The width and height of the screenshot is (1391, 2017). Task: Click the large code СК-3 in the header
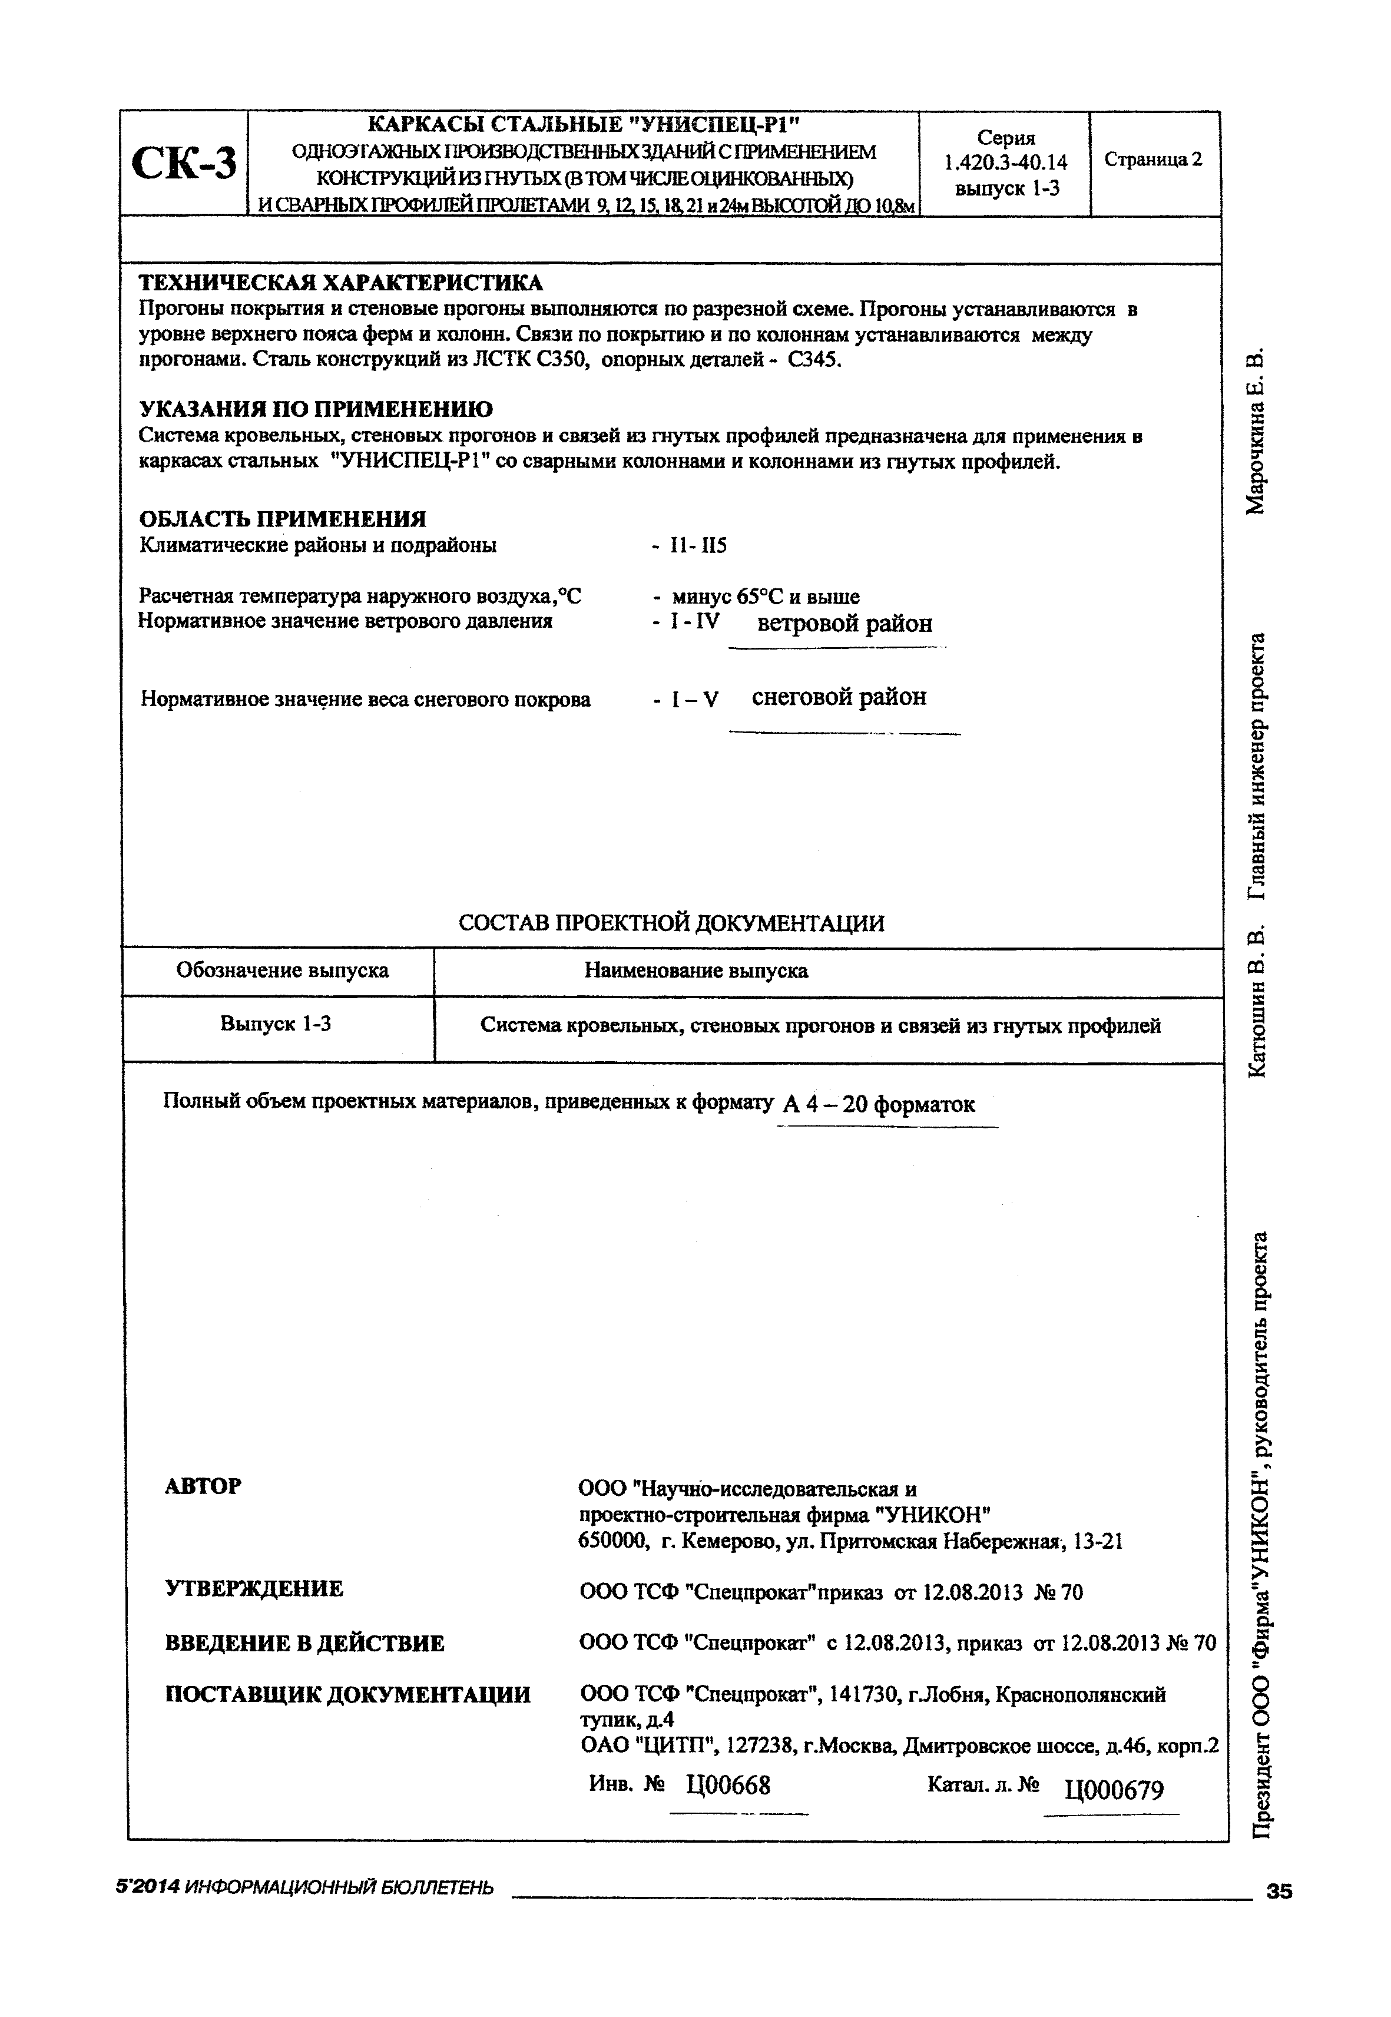pos(184,164)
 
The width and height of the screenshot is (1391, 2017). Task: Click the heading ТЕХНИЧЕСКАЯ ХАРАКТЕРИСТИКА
pos(341,283)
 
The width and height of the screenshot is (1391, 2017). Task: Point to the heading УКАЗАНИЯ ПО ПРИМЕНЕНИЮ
pos(316,409)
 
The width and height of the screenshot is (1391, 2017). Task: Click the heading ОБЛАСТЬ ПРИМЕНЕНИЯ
pos(283,519)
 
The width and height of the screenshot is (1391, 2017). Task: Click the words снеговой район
pos(839,697)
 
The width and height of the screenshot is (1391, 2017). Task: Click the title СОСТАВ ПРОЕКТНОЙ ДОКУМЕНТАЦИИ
pos(671,923)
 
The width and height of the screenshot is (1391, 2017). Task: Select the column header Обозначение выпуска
pos(283,971)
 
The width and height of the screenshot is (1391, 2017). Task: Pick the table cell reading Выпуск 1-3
pos(276,1024)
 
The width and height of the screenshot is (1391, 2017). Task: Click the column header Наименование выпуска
pos(695,971)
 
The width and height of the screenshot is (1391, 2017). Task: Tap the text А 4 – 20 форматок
pos(879,1105)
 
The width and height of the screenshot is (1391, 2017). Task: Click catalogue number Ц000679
pos(1114,1790)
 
